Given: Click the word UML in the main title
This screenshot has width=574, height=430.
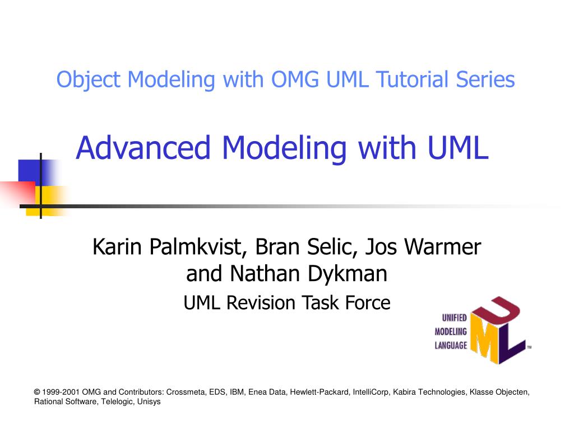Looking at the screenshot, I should (x=458, y=148).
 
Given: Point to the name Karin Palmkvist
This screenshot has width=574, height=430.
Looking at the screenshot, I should (x=170, y=246).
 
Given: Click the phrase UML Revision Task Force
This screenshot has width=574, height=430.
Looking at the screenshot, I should (x=286, y=303).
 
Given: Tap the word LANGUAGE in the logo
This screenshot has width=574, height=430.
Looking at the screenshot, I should (x=451, y=345).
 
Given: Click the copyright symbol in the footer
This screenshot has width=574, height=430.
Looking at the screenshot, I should (x=37, y=392).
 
